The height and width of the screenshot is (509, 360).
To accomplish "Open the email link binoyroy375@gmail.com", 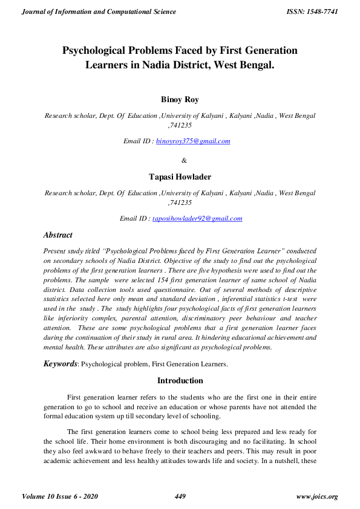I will pos(193,141).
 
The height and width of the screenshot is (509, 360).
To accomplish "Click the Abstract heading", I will pos(58,235).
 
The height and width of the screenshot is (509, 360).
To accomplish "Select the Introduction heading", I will pos(180,381).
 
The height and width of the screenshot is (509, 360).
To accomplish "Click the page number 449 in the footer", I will pos(180,496).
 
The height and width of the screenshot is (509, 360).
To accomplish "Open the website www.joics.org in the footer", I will pos(318,496).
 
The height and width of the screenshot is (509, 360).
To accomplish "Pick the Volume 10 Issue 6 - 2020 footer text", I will pos(60,496).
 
